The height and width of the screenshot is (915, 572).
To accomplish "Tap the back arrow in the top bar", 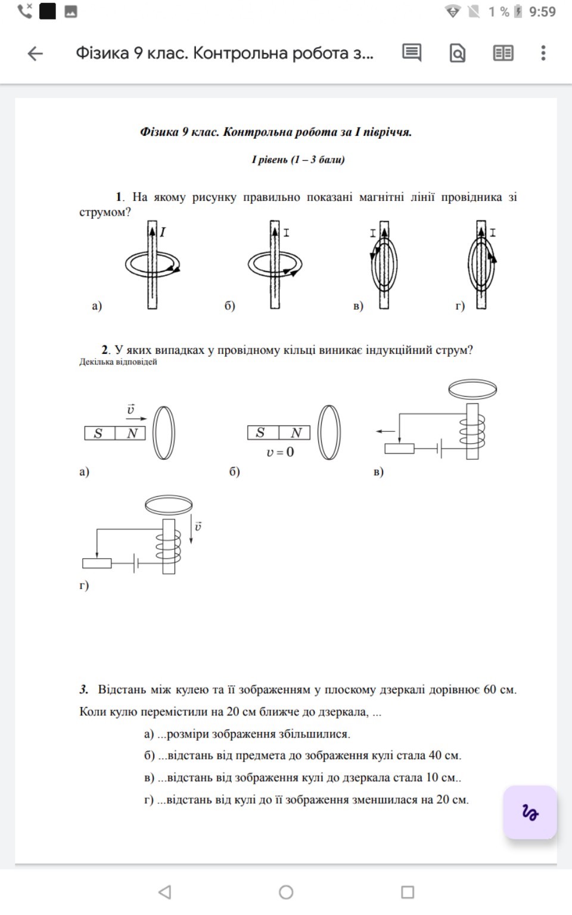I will click(x=35, y=54).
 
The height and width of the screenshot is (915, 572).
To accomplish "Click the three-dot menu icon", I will click(x=543, y=53).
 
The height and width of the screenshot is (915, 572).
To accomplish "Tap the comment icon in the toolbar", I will click(x=411, y=53).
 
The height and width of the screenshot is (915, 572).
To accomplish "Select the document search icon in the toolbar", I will click(x=457, y=54).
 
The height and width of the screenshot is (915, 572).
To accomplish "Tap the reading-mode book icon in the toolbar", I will click(x=503, y=54).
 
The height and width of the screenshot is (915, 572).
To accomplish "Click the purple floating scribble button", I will click(x=530, y=813).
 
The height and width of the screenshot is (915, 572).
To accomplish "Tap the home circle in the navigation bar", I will click(x=286, y=892).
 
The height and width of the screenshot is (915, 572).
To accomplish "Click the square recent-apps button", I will click(x=408, y=892).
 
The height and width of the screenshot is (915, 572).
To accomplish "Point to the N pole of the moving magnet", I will click(x=132, y=434).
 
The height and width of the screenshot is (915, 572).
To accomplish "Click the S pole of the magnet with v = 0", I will click(x=260, y=433).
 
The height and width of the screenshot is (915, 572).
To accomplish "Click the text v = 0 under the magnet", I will click(x=280, y=452).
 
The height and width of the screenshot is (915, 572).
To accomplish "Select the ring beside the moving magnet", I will click(x=164, y=432).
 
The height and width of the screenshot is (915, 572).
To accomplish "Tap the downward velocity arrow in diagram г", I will click(x=191, y=530).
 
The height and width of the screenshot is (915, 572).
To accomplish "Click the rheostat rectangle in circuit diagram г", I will click(x=97, y=563).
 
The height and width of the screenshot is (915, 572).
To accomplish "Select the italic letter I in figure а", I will click(x=163, y=232).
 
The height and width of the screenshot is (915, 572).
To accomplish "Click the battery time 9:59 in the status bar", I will click(x=542, y=12).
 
